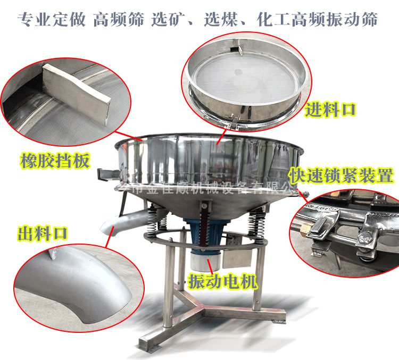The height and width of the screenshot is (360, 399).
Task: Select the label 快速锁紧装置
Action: pos(341,175)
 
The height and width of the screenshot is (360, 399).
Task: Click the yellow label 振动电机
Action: pos(223,280)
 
